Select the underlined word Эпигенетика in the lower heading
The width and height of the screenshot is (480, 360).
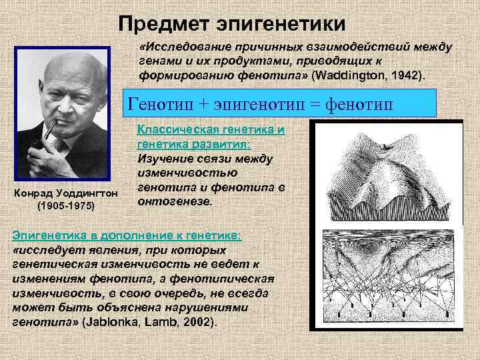click(x=50, y=237)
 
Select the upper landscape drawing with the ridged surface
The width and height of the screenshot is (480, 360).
click(x=393, y=172)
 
